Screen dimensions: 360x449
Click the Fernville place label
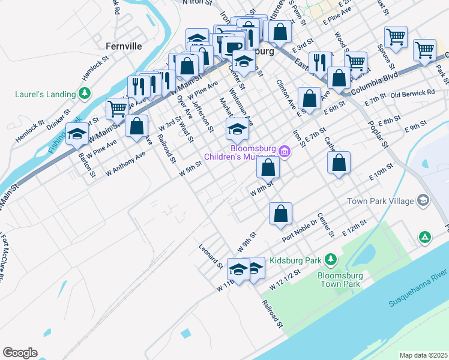(124, 46)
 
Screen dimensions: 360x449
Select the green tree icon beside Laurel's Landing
(85, 93)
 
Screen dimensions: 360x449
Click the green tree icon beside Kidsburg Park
(330, 259)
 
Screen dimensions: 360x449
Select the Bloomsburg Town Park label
(339, 280)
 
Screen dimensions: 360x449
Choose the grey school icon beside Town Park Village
(423, 200)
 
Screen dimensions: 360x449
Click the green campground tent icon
(424, 238)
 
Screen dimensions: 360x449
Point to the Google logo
(20, 353)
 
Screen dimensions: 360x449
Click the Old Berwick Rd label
(412, 94)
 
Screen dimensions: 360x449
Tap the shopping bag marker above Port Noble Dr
(280, 214)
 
